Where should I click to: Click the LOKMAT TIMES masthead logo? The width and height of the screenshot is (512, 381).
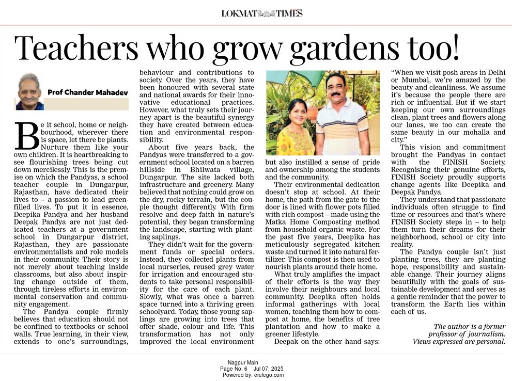click(x=262, y=13)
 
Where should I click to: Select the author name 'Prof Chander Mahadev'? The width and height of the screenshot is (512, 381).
click(x=88, y=92)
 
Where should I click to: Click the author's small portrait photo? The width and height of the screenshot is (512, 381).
click(x=29, y=91)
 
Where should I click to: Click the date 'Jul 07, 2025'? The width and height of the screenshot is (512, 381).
click(x=269, y=369)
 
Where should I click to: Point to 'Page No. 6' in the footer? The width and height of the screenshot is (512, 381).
click(x=234, y=369)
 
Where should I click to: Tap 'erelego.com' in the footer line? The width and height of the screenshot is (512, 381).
click(x=268, y=375)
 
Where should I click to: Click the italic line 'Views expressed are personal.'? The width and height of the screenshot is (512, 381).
click(x=459, y=341)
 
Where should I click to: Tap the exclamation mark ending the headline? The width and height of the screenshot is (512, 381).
click(x=454, y=47)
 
